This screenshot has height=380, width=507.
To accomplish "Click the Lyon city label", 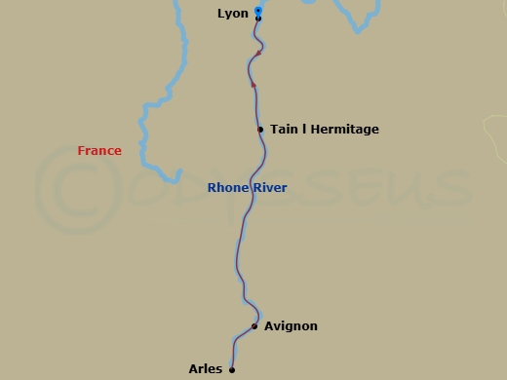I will pyautogui.click(x=233, y=14).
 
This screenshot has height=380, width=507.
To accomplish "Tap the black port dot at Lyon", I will pyautogui.click(x=258, y=19).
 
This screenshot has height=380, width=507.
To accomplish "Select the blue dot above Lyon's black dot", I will pyautogui.click(x=258, y=11).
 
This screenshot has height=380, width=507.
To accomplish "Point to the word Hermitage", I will pyautogui.click(x=344, y=130).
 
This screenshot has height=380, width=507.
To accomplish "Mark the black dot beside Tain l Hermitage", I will pyautogui.click(x=260, y=130).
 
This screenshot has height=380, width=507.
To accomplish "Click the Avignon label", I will pyautogui.click(x=291, y=326).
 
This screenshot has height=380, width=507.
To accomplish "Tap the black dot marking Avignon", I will pyautogui.click(x=254, y=326).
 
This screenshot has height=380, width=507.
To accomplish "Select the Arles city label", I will pyautogui.click(x=206, y=369).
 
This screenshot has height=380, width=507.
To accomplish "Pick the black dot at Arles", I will pyautogui.click(x=232, y=369).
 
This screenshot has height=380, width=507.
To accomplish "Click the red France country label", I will pyautogui.click(x=99, y=151).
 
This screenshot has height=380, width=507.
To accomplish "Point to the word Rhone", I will pyautogui.click(x=226, y=188).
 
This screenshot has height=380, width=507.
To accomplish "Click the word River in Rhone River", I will pyautogui.click(x=269, y=188).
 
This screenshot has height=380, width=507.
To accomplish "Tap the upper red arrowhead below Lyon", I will pyautogui.click(x=258, y=53).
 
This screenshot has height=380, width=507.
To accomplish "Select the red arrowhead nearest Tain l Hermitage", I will pyautogui.click(x=253, y=86).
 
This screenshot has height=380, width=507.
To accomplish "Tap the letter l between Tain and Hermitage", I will pyautogui.click(x=304, y=130).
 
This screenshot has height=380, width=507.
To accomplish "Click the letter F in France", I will pyautogui.click(x=81, y=151).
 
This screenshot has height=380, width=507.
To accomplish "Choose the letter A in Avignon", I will pyautogui.click(x=269, y=326).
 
